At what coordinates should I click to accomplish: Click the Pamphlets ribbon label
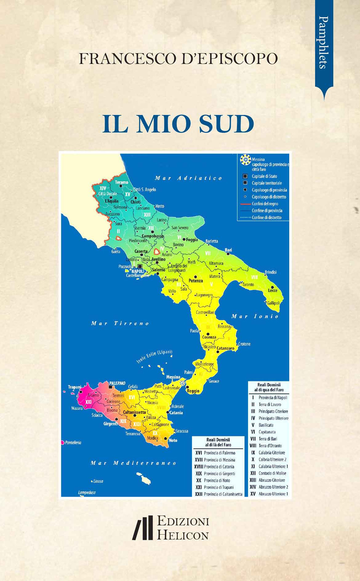[x=324, y=42]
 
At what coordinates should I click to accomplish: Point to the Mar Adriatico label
[x=188, y=178]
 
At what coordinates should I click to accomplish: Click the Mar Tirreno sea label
[x=120, y=323]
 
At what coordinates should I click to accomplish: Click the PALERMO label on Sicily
[x=117, y=383]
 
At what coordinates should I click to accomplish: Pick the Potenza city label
[x=195, y=281]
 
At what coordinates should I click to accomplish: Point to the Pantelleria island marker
[x=62, y=442]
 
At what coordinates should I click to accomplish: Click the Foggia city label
[x=192, y=240]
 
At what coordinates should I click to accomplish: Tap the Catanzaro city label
[x=225, y=348]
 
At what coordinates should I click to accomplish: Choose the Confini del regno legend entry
[x=265, y=204]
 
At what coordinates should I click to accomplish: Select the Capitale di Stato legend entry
[x=264, y=176]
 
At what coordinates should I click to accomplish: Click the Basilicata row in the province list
[x=266, y=425]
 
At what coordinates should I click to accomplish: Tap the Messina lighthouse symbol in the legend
[x=246, y=159]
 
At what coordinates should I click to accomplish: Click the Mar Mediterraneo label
[x=133, y=463]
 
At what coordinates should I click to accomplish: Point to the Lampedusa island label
[x=87, y=493]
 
